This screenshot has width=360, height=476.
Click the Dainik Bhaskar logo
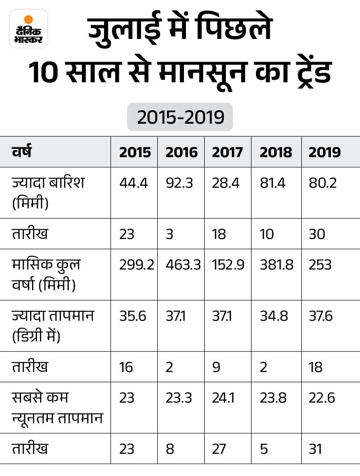pyautogui.click(x=29, y=29)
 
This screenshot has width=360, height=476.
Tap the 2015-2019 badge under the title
pyautogui.click(x=180, y=117)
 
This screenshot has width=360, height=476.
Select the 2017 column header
pyautogui.click(x=227, y=152)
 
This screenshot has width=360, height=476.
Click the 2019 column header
pyautogui.click(x=324, y=152)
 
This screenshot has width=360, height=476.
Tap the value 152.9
pyautogui.click(x=227, y=265)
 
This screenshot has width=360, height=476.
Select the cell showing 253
pyautogui.click(x=320, y=265)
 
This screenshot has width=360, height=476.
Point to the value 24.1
pyautogui.click(x=223, y=397)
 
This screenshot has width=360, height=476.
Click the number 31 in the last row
pyautogui.click(x=316, y=449)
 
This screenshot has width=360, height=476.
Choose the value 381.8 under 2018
pyautogui.click(x=276, y=265)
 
